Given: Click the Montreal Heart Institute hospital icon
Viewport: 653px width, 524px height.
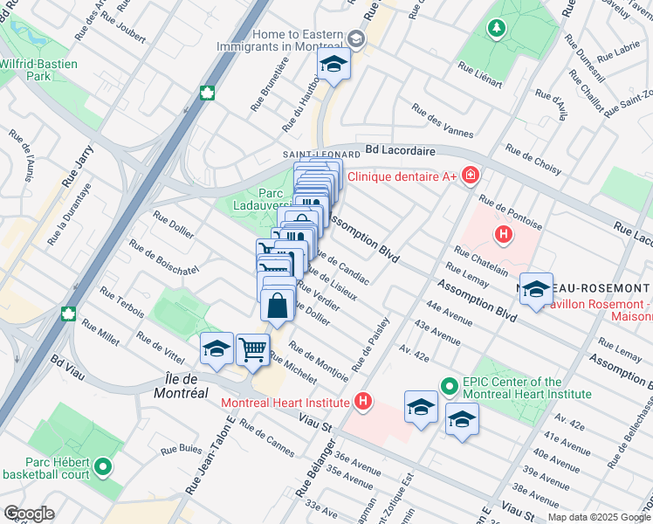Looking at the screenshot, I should pyautogui.click(x=363, y=403).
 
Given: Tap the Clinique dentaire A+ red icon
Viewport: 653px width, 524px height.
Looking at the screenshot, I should pyautogui.click(x=471, y=176).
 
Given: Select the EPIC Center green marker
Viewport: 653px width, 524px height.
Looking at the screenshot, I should pyautogui.click(x=449, y=385).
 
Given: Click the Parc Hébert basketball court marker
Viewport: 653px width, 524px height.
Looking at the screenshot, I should pyautogui.click(x=104, y=467).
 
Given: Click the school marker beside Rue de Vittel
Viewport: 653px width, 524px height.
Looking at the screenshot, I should pyautogui.click(x=216, y=349).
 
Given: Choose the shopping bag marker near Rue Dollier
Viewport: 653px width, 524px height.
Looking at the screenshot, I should pyautogui.click(x=277, y=307).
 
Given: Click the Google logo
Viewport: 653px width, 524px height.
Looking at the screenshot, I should pyautogui.click(x=28, y=514).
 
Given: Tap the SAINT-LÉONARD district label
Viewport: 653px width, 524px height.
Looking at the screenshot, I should pyautogui.click(x=309, y=155).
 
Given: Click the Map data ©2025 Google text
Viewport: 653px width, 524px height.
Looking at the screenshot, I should pyautogui.click(x=598, y=517).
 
